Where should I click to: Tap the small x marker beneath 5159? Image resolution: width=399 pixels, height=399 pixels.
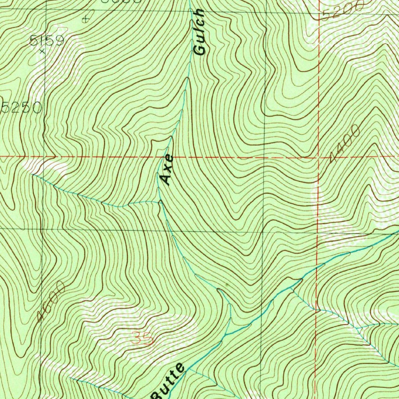tap(42, 50)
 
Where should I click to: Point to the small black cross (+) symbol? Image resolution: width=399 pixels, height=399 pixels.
tap(86, 19)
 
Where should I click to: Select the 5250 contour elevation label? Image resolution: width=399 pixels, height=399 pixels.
tap(21, 108)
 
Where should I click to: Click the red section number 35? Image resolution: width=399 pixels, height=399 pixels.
tap(141, 338)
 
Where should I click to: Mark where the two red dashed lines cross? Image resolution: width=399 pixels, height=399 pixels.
tap(318, 158)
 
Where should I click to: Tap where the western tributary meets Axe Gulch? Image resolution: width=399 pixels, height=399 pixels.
tap(159, 202)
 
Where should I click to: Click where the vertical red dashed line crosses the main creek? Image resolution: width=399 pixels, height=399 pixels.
tap(316, 268)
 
